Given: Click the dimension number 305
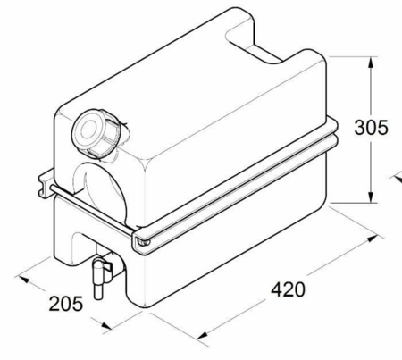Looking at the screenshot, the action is point(371,128).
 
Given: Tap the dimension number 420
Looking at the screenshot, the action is point(288,289).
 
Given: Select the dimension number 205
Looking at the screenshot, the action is point(66,304).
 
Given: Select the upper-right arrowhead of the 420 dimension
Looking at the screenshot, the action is point(373,239).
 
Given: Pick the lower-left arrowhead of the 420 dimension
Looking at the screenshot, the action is point(204,335).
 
